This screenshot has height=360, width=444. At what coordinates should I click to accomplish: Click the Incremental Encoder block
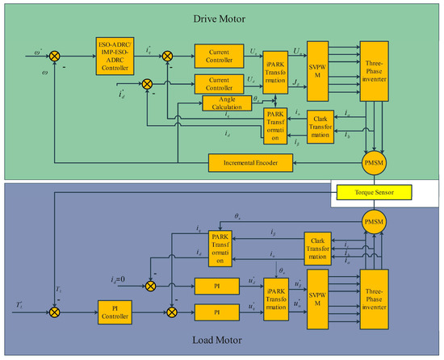(250, 162)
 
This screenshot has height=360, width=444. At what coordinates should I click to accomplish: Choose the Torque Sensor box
(372, 192)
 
